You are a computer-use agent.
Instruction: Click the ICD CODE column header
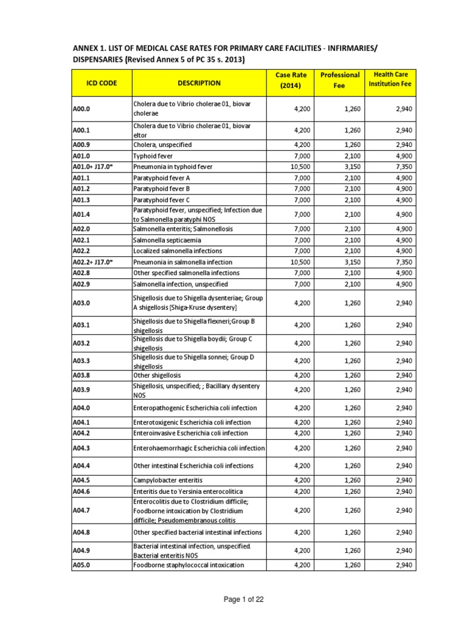point(101,83)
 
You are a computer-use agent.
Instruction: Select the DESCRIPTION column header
point(199,83)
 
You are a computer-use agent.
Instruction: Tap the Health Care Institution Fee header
point(390,79)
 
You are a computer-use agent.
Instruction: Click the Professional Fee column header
point(340,80)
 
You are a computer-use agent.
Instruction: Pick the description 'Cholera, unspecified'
point(162,145)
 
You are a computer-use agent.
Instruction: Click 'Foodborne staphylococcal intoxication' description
point(189,565)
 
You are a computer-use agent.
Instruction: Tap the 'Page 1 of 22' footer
point(233,600)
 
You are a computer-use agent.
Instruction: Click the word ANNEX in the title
point(89,47)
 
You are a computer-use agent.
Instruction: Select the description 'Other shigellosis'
point(157,375)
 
